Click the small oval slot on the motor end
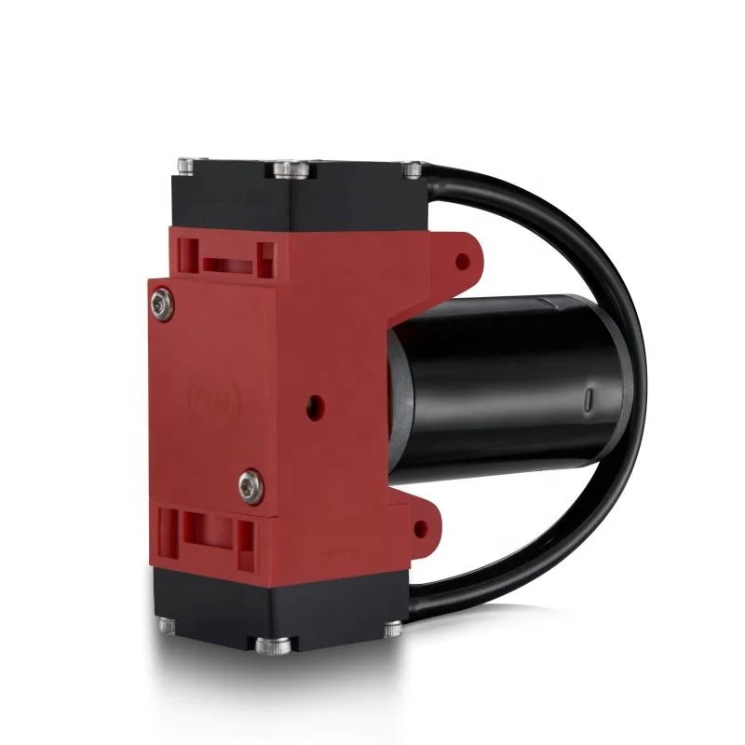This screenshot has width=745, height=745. tap(589, 401)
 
